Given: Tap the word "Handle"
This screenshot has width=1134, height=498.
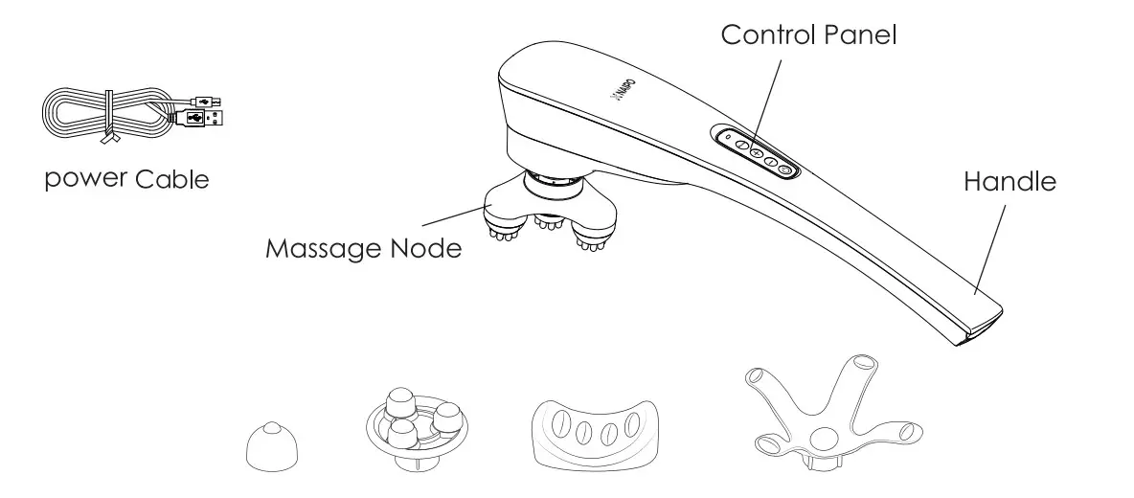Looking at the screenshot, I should coord(1009,181).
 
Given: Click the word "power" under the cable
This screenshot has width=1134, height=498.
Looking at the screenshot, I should coord(85,179).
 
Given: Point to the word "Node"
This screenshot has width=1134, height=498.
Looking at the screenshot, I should coord(426,249).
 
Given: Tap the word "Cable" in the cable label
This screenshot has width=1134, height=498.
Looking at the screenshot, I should coord(172,179).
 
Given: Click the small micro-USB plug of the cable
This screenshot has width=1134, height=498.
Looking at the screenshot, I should coord(209,99).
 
